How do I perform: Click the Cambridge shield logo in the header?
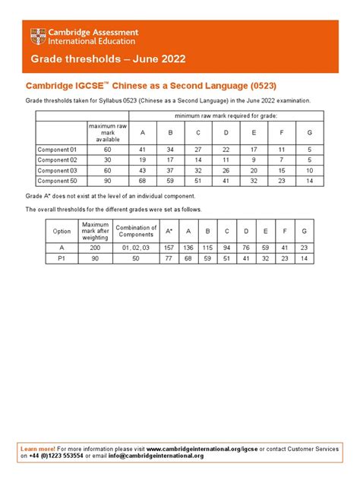(x=36, y=36)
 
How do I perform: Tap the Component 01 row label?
(x=58, y=150)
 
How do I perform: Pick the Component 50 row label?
(x=58, y=181)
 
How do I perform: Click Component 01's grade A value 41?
(x=142, y=150)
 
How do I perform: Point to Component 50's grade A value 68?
(x=142, y=181)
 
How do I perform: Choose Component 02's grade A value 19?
(x=142, y=160)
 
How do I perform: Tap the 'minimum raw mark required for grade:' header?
(x=226, y=115)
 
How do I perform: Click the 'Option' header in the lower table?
(x=61, y=230)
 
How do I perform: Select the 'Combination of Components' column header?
(x=137, y=230)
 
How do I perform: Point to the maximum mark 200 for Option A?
(x=96, y=247)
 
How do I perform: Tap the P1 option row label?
(x=61, y=257)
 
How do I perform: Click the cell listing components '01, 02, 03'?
(x=137, y=247)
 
